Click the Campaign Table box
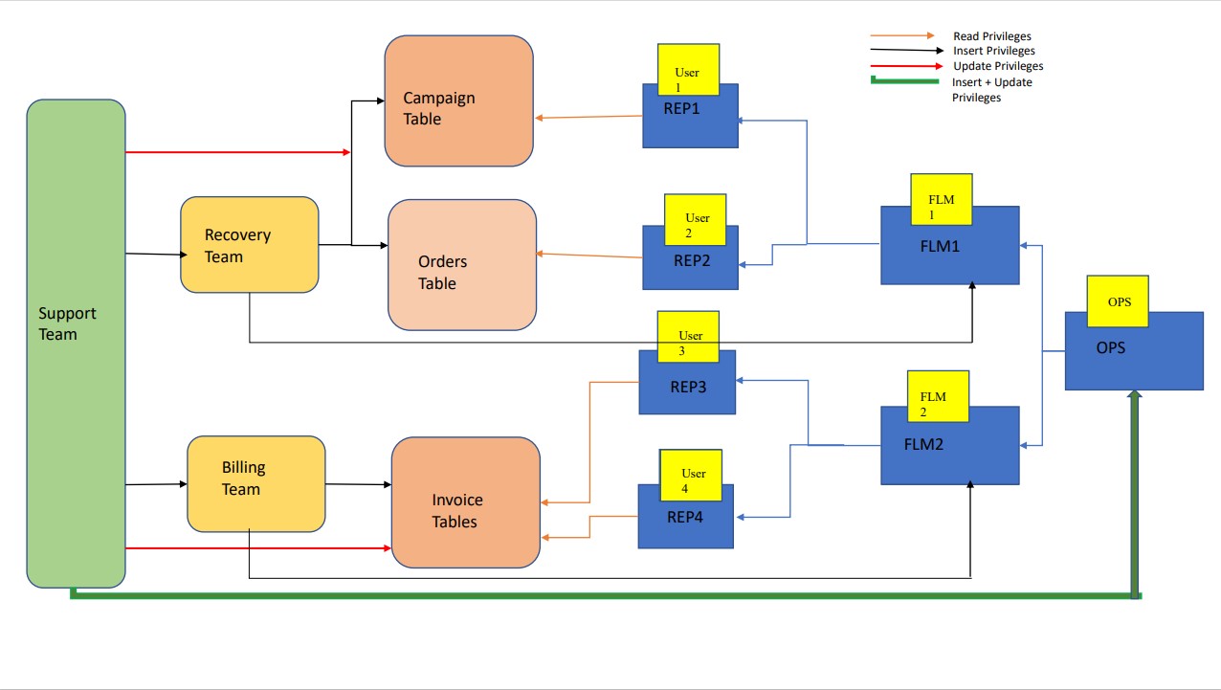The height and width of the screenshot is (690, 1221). click(459, 100)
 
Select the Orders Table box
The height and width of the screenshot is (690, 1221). click(462, 265)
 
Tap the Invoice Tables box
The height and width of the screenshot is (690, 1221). click(465, 502)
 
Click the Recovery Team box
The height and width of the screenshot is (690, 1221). click(250, 245)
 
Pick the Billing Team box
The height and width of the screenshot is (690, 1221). click(256, 484)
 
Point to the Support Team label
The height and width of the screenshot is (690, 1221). click(67, 323)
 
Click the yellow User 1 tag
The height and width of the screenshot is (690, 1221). click(688, 70)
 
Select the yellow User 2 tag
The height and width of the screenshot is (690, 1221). click(695, 220)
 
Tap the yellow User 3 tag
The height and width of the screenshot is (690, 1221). click(688, 337)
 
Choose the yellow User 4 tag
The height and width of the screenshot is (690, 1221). click(691, 476)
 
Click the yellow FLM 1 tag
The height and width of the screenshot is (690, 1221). click(942, 199)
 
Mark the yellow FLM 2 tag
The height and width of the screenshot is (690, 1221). click(938, 396)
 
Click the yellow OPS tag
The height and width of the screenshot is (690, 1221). click(1118, 301)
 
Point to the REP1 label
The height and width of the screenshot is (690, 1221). click(681, 108)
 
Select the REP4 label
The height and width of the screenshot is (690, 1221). click(684, 517)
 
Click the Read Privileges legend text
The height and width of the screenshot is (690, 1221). click(992, 36)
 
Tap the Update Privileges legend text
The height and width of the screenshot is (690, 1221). click(998, 66)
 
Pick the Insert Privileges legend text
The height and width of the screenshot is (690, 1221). click(993, 51)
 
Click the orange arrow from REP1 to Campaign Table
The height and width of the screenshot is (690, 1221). click(588, 117)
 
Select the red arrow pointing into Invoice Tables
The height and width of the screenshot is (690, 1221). click(258, 547)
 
